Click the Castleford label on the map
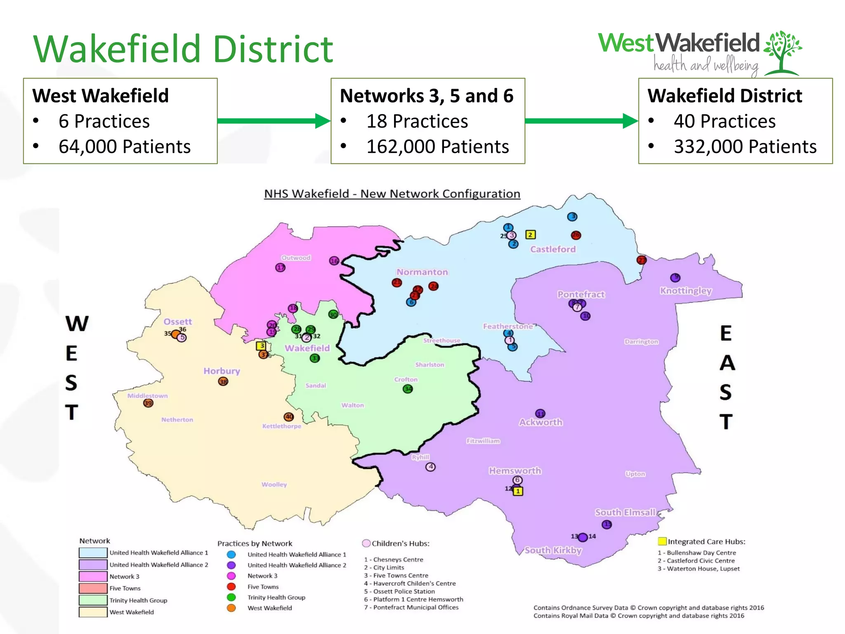(x=552, y=249)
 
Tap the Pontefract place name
(x=581, y=294)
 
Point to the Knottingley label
(x=686, y=291)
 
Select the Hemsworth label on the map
(x=515, y=471)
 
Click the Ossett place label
(x=177, y=322)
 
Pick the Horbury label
(x=222, y=371)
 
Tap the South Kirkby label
(x=553, y=550)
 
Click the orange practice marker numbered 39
(x=148, y=403)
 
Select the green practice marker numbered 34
(x=408, y=389)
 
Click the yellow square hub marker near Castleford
(x=531, y=235)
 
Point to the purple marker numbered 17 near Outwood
(x=280, y=267)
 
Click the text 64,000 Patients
(x=124, y=147)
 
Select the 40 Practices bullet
(x=725, y=121)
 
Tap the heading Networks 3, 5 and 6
(x=426, y=96)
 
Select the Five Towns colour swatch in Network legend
(x=93, y=588)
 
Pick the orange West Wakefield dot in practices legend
(x=231, y=608)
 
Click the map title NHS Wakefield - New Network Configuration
(x=392, y=194)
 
